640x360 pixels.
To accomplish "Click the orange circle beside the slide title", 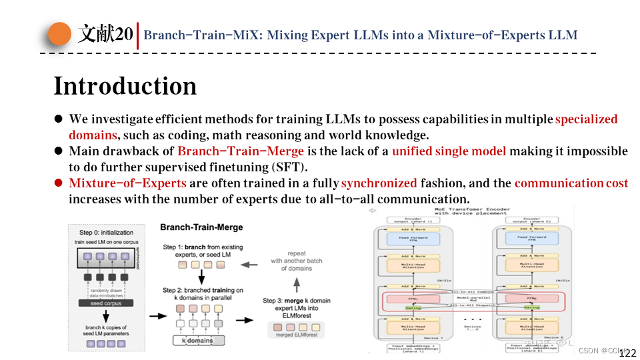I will click(59, 34).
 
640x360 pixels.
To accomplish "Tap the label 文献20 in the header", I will click(105, 34).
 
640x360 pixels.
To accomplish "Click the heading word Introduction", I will click(125, 86).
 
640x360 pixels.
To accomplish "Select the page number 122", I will click(628, 353).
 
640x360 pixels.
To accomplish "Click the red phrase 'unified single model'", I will click(449, 151).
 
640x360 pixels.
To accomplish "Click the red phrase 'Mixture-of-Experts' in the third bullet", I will click(128, 183).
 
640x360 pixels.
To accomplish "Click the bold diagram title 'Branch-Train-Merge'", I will click(201, 227).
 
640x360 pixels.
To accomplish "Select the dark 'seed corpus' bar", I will click(106, 303).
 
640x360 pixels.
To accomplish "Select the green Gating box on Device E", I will click(531, 307).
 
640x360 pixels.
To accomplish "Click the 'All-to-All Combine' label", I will click(475, 291).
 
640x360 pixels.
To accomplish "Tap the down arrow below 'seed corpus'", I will click(106, 316).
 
